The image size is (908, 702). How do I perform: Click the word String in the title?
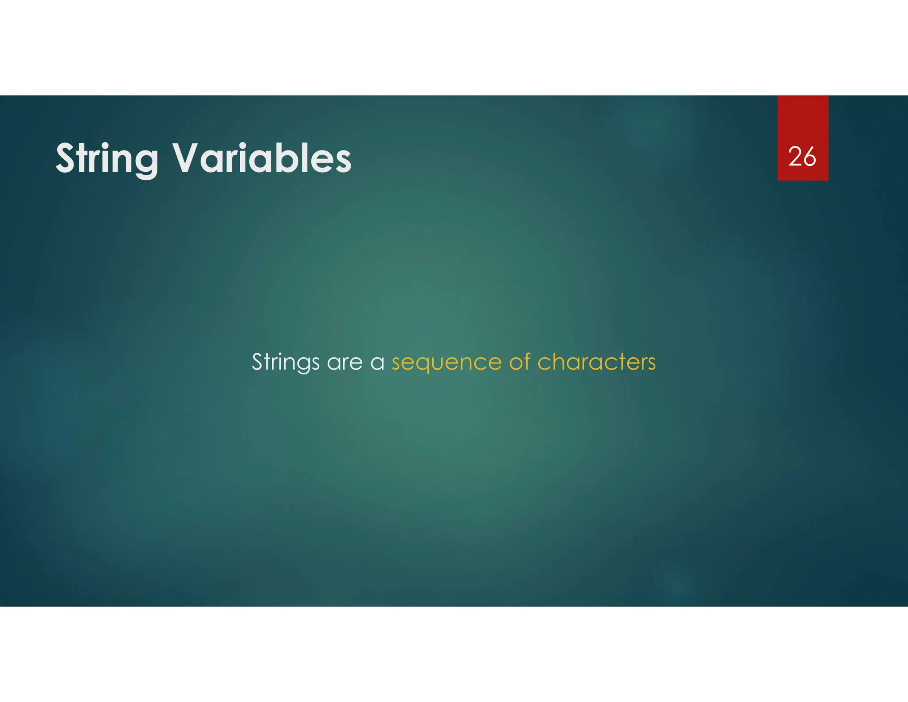click(107, 159)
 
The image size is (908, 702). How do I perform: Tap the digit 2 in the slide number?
click(795, 157)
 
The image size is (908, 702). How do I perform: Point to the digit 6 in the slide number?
click(809, 157)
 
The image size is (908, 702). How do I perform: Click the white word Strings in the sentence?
click(286, 362)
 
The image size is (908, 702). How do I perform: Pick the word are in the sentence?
click(344, 362)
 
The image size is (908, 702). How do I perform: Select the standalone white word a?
click(377, 363)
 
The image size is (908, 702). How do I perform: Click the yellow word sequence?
click(446, 363)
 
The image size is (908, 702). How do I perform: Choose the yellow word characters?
click(596, 362)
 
